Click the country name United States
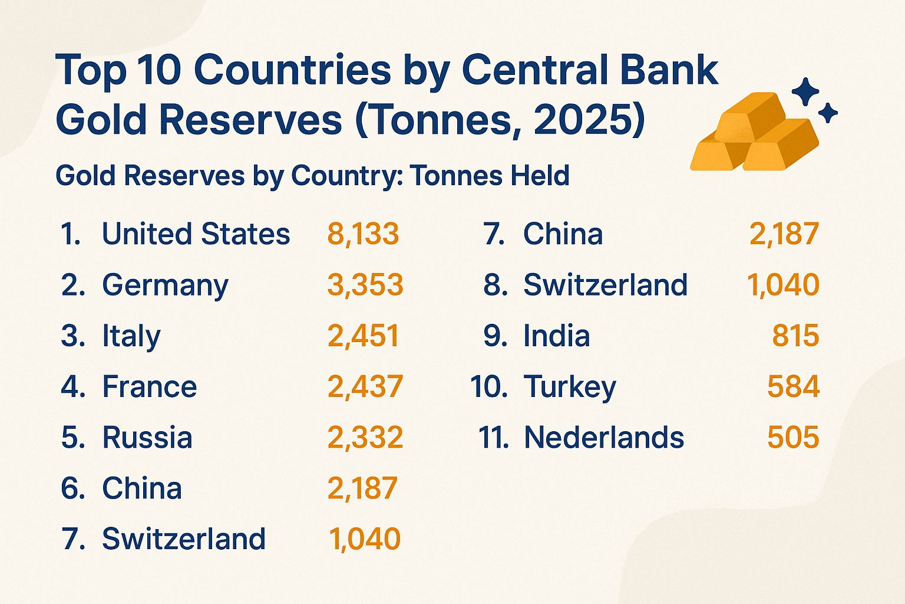pos(196,234)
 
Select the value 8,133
pos(363,234)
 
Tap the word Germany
pos(165,285)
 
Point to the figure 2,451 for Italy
pos(363,336)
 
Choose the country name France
pos(150,387)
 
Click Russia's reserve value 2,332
pos(365,438)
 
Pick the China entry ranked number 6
pos(142,488)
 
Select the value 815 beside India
pos(795,336)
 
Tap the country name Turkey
pos(570,388)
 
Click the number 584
pos(793,387)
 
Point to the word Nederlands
pos(604,438)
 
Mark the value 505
pos(793,438)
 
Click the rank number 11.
pos(493,438)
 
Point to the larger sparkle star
pos(805,92)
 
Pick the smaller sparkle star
pos(828,113)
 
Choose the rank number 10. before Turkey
pos(488,388)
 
